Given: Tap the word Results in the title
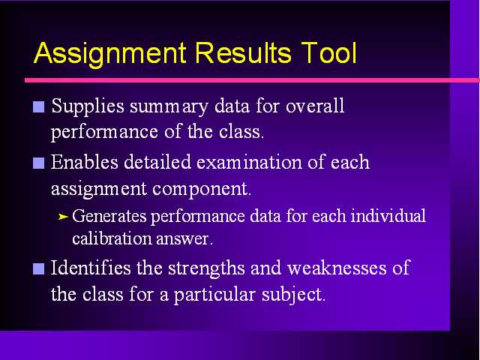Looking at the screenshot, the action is (243, 52).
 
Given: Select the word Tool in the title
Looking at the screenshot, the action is (328, 52).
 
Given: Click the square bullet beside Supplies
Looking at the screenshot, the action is (38, 106).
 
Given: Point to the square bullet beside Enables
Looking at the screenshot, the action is (38, 163).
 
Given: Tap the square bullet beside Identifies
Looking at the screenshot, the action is (38, 268).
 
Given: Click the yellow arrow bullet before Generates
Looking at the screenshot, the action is (63, 217).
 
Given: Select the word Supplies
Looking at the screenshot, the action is (88, 107).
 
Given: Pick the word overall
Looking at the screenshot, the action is (315, 106).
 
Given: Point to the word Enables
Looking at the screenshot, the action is (85, 162).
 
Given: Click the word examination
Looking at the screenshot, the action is (250, 162).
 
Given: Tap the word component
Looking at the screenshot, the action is (202, 190).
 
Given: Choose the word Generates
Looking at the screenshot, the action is (109, 216).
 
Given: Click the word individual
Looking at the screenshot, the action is (388, 215).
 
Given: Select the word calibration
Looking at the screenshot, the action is (112, 238).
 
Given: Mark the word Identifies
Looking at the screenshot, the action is (91, 268).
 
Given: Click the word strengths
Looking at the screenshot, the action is (206, 268).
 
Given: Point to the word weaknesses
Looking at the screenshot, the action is (337, 268).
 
